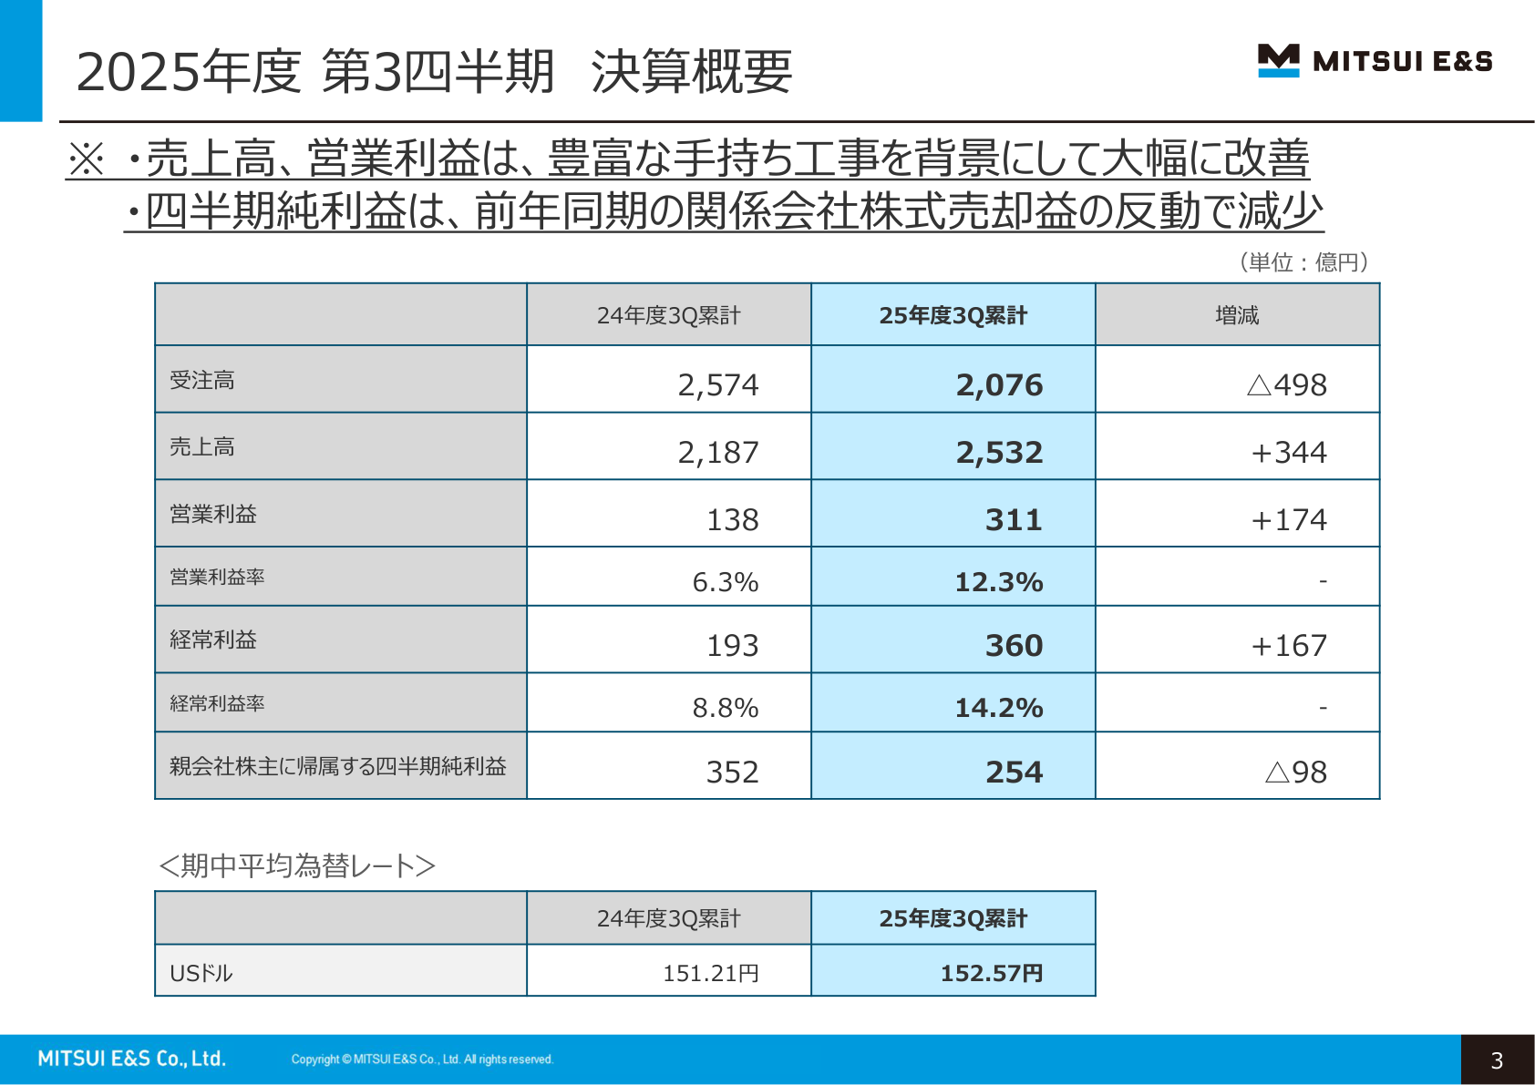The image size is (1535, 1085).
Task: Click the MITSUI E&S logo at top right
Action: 1375,61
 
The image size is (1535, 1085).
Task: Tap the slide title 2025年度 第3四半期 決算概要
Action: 434,72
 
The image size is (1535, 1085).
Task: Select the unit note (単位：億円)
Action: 1303,262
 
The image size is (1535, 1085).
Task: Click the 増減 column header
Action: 1237,315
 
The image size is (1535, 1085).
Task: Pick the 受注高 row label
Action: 202,380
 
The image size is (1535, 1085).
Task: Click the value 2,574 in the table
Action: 717,385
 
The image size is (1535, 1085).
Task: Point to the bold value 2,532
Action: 999,453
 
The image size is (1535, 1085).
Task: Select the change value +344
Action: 1288,453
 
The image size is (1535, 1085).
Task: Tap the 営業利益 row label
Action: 213,514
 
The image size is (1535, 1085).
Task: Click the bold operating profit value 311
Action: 1013,520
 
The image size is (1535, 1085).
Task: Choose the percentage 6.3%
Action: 725,582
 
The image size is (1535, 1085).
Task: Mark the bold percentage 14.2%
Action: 998,708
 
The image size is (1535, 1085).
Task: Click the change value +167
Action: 1288,646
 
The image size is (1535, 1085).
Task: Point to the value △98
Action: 1295,773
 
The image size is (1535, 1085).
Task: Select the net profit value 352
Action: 732,773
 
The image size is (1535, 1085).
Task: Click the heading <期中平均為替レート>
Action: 297,865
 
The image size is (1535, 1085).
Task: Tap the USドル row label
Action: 201,974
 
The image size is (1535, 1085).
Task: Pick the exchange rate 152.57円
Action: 991,974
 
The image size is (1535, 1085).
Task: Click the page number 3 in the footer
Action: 1497,1060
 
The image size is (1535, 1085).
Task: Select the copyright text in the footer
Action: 422,1059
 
